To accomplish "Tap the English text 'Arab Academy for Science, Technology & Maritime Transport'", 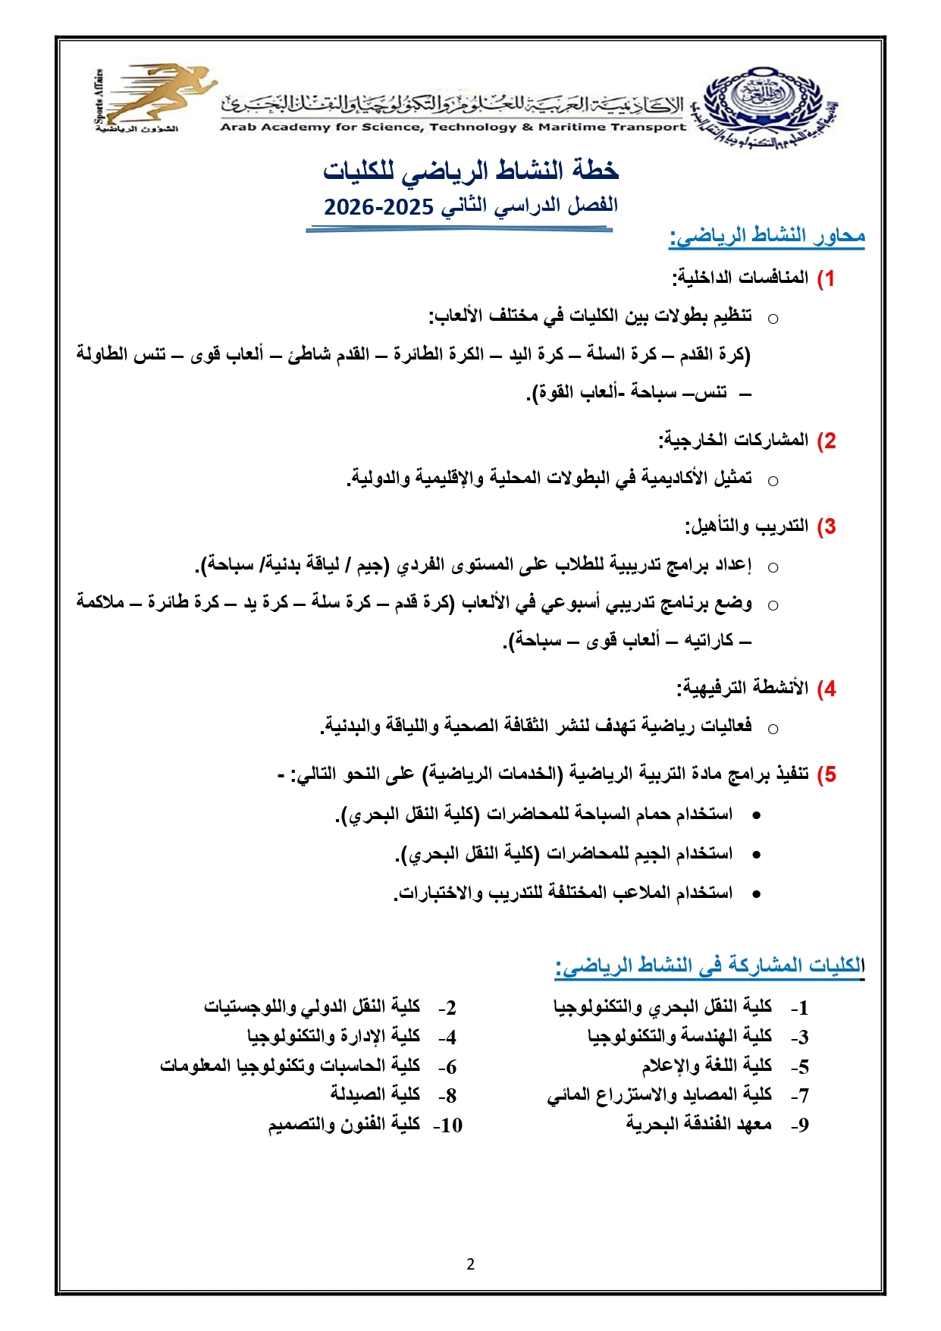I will pos(453,127).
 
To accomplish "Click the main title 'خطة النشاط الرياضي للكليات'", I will pos(471,171).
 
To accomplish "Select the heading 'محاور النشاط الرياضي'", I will pos(767,237).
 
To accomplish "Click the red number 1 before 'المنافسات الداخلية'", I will pos(829,278).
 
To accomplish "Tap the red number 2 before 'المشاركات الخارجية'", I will pos(829,441).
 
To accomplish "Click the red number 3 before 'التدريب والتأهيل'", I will pos(829,526).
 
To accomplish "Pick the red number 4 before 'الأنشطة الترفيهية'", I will pos(829,689).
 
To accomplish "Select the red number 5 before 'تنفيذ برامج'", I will pos(829,774).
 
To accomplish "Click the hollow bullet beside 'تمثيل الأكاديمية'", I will pos(773,480).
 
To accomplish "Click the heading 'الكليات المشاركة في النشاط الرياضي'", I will pos(710,965).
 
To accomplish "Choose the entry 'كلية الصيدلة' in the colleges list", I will pos(375,1094).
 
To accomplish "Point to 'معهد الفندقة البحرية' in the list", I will pos(699,1124).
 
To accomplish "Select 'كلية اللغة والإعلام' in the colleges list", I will pos(707,1066).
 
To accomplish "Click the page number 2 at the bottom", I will pos(471,1264).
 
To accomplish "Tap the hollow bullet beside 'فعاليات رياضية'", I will pos(773,729).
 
